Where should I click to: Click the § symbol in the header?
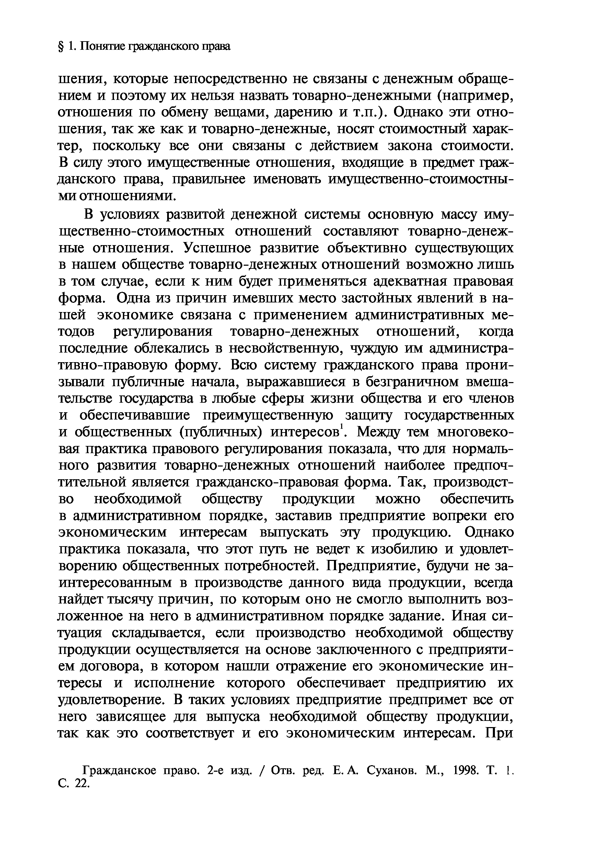click(61, 46)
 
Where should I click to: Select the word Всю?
click(242, 365)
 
